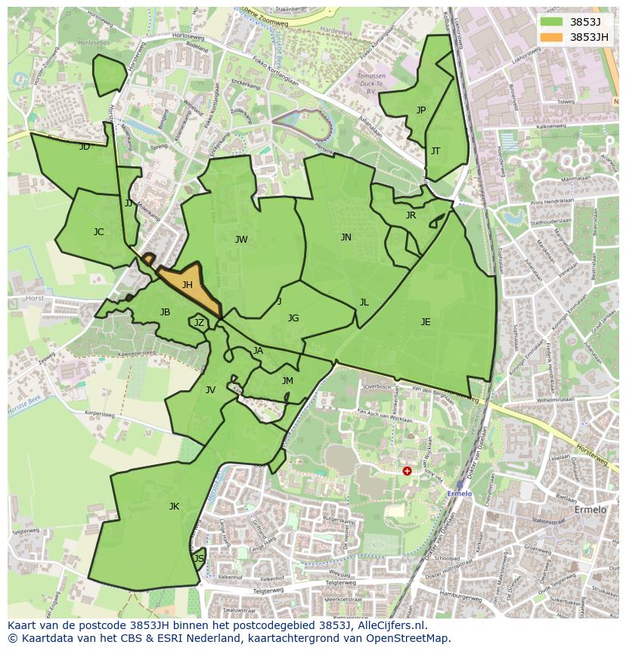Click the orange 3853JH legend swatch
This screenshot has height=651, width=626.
point(552,36)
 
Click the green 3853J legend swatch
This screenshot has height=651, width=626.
point(552,22)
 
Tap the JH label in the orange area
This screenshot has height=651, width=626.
point(187,285)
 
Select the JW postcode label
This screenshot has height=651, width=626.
point(241,240)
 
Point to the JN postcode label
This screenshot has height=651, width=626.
point(346,237)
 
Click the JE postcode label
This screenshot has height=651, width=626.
point(426,322)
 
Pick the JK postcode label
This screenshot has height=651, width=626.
point(174,507)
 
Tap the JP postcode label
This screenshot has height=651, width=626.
point(421,110)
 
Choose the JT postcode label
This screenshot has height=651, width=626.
point(435,151)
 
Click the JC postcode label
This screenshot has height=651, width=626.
point(98,232)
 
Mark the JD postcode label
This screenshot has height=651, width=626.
point(85,147)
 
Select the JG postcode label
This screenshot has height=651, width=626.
point(293,318)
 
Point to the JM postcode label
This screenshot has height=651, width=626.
point(287,381)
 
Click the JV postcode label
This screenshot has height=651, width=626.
point(210,390)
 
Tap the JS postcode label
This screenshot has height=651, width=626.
point(199,559)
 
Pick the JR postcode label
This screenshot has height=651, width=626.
point(411,215)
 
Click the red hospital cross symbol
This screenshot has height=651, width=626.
point(407,471)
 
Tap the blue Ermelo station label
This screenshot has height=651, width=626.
point(459,494)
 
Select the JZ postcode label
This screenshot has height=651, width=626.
point(199,323)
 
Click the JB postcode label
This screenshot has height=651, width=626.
point(165,312)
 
